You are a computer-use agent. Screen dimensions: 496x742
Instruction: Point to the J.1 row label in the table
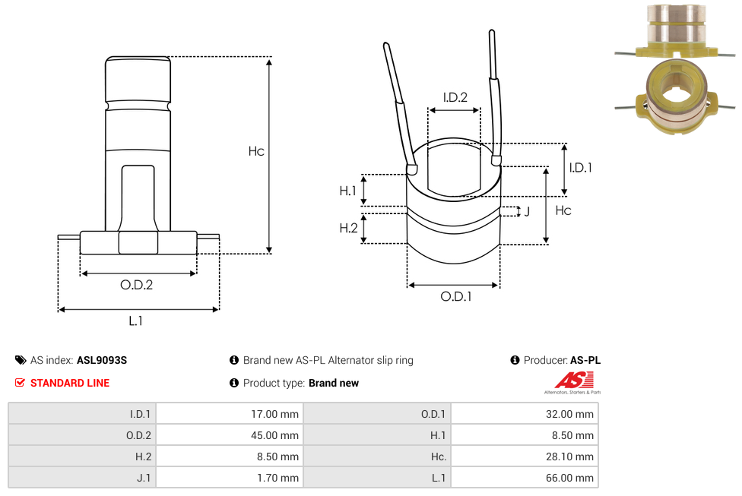pyautogui.click(x=141, y=478)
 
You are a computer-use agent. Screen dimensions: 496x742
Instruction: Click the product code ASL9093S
pyautogui.click(x=102, y=360)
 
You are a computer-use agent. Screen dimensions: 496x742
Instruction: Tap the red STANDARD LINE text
pyautogui.click(x=70, y=383)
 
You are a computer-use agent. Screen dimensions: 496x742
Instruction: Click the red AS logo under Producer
pyautogui.click(x=569, y=381)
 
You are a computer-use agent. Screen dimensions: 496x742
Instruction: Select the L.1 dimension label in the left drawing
pyautogui.click(x=135, y=321)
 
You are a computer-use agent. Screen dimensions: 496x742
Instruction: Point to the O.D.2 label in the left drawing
pyautogui.click(x=137, y=286)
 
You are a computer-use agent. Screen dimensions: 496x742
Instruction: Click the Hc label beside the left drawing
pyautogui.click(x=256, y=151)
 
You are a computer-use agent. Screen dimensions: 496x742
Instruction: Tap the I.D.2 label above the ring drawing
pyautogui.click(x=455, y=96)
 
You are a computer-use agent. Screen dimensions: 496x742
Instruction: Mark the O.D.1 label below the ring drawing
pyautogui.click(x=455, y=296)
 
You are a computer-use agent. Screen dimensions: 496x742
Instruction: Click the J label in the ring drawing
pyautogui.click(x=527, y=211)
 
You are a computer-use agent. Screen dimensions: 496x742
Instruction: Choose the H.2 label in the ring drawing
pyautogui.click(x=348, y=228)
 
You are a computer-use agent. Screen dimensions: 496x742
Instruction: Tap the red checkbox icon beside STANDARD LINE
pyautogui.click(x=20, y=383)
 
